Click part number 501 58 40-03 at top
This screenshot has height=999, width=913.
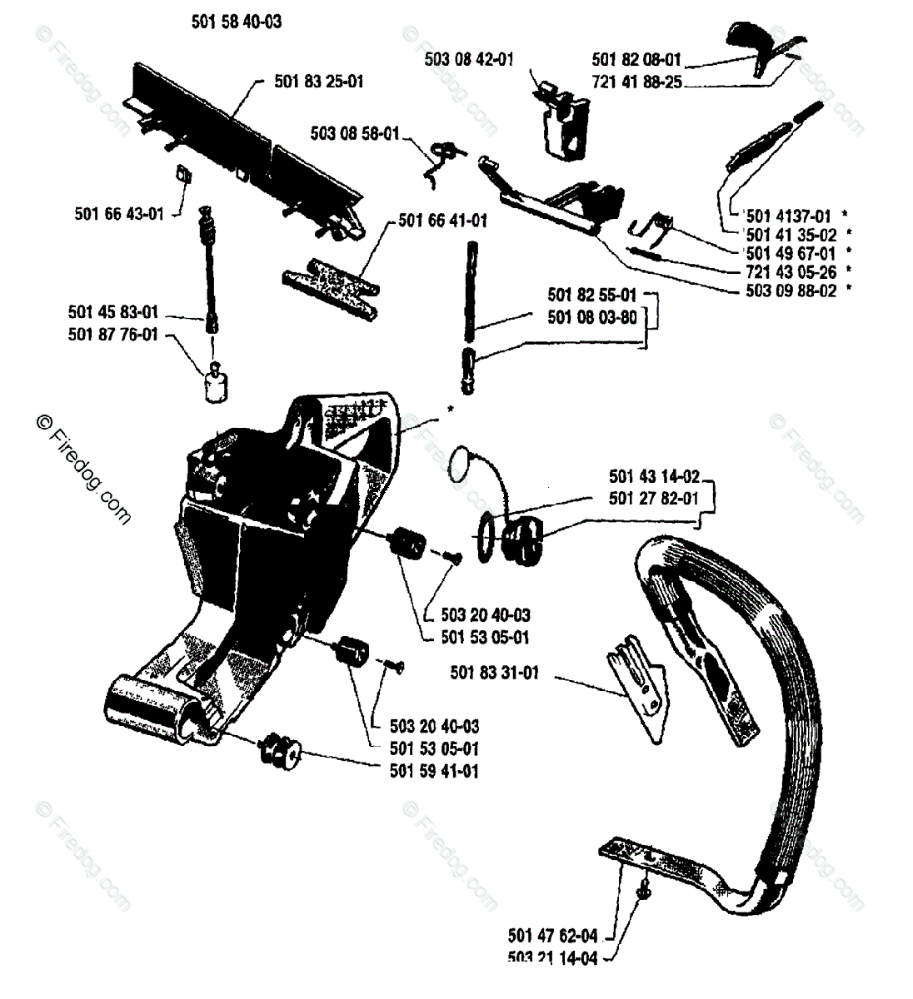(236, 22)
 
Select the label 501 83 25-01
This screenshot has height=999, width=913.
(318, 82)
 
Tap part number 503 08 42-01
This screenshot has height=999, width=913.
(469, 59)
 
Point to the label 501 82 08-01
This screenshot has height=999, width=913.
(636, 60)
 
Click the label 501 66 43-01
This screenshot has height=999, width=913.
(119, 214)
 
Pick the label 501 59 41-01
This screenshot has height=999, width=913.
(434, 771)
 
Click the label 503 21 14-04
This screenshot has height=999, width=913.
(552, 957)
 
